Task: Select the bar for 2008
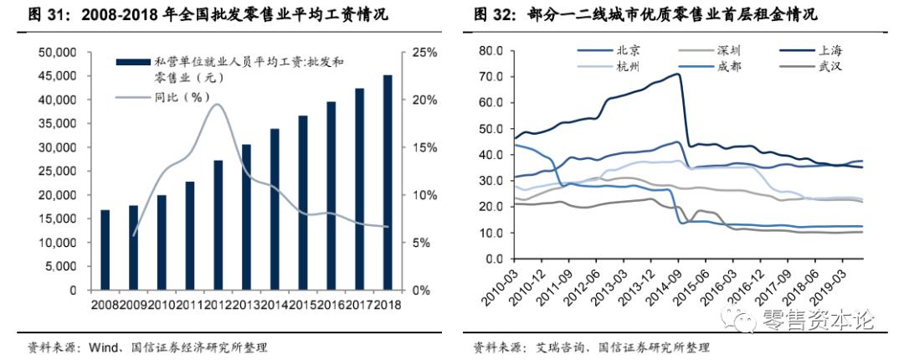pyautogui.click(x=105, y=250)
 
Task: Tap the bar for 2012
pyautogui.click(x=218, y=225)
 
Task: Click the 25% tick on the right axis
pyautogui.click(x=424, y=53)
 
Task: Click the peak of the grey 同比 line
pyautogui.click(x=217, y=104)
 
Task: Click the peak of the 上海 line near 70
pyautogui.click(x=676, y=74)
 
